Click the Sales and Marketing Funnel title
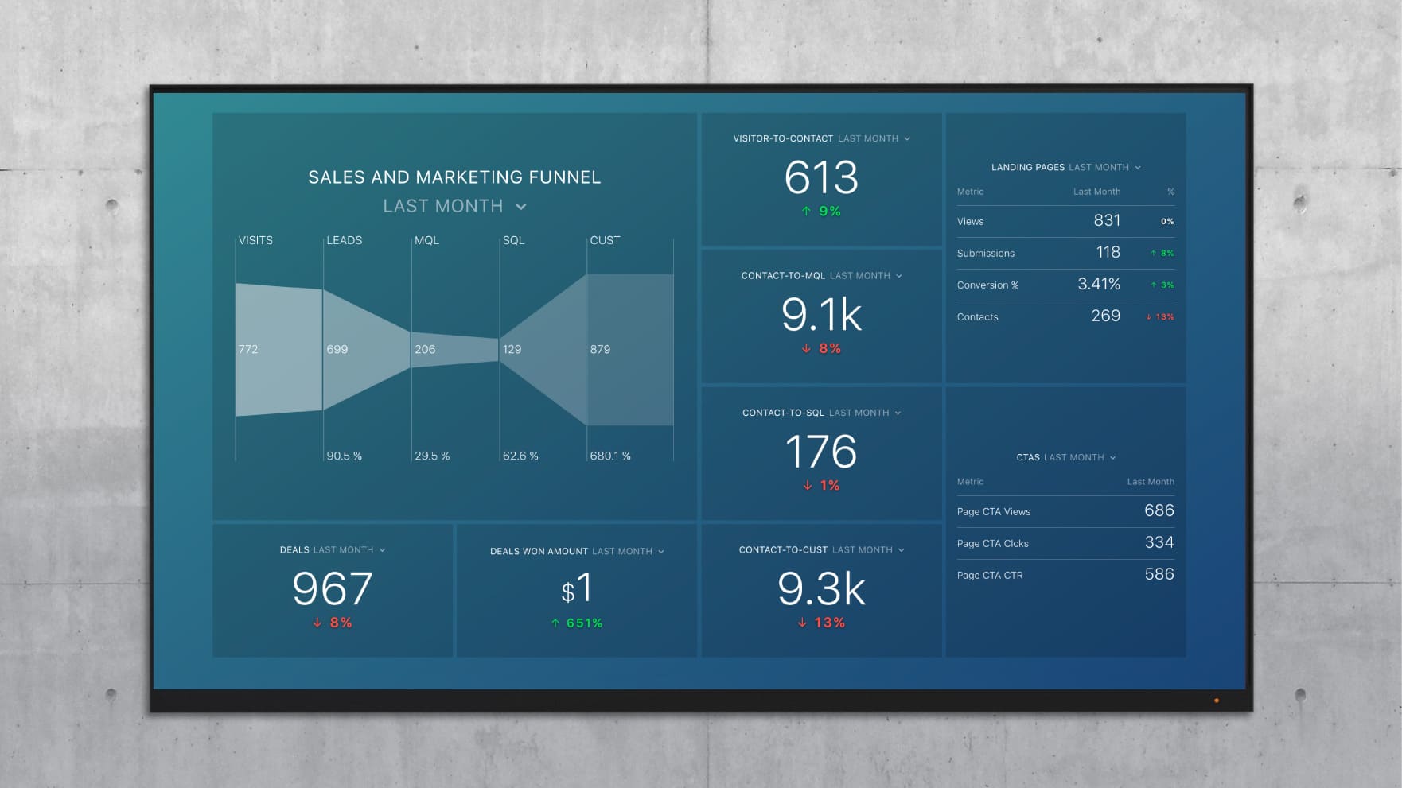pos(454,177)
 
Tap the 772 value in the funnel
pos(248,349)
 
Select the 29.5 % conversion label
pos(432,456)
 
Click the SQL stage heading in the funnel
pos(513,240)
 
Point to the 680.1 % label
pos(610,456)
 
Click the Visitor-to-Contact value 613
pos(821,177)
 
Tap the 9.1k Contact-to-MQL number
pos(821,315)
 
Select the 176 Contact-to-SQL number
pos(821,452)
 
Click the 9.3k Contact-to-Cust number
pos(821,589)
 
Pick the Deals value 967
pos(332,589)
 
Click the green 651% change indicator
pos(578,623)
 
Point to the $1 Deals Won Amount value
pos(577,589)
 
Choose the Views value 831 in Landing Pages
pos(1107,221)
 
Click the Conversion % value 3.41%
pos(1099,285)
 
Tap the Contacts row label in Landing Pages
pos(977,316)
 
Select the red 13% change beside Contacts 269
pos(1160,316)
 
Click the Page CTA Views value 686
pos(1159,510)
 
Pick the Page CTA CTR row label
pos(990,575)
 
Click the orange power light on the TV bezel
pos(1216,701)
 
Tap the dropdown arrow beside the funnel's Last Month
pos(521,207)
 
